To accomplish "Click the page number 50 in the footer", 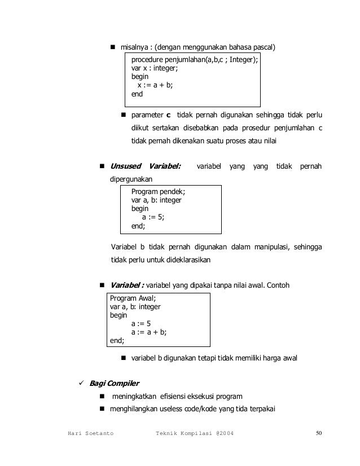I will [319, 433].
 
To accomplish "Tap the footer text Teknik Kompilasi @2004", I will [195, 433].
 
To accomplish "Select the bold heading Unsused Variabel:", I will [145, 166].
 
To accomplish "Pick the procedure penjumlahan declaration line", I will [195, 59].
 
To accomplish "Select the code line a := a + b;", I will [150, 332].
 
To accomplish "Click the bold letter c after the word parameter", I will [168, 117].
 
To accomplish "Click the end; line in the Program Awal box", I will [117, 340].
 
